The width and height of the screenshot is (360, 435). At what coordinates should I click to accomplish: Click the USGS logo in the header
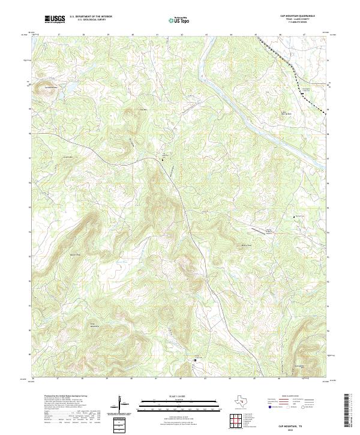point(55,19)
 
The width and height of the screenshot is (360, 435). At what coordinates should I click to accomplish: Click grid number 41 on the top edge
point(157,35)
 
